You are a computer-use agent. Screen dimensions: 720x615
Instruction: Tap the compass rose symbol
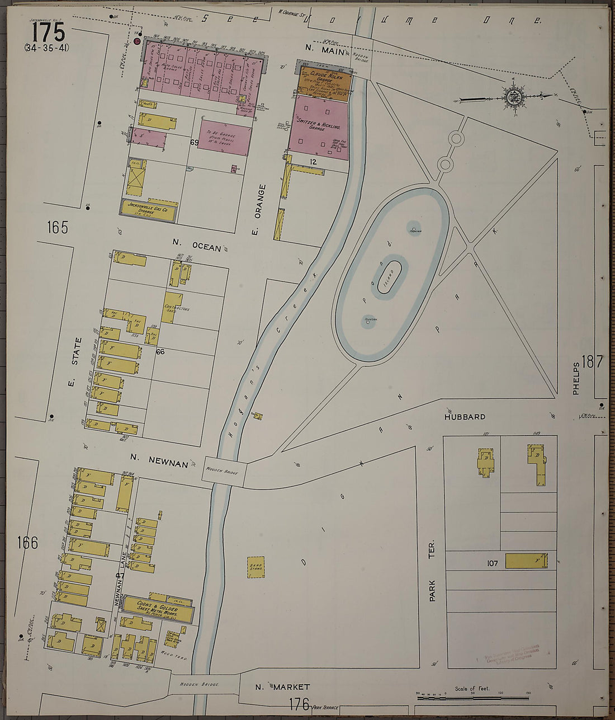[513, 97]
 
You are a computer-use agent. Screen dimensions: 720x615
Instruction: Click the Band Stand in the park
[256, 567]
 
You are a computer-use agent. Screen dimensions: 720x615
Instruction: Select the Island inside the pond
[390, 277]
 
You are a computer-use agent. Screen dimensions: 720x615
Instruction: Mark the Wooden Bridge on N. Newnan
[224, 471]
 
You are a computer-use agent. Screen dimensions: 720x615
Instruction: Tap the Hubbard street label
[465, 417]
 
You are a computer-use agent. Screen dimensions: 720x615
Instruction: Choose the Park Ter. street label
[432, 571]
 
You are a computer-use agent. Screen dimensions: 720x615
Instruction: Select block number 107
[491, 564]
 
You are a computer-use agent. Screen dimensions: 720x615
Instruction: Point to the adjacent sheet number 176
[299, 704]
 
